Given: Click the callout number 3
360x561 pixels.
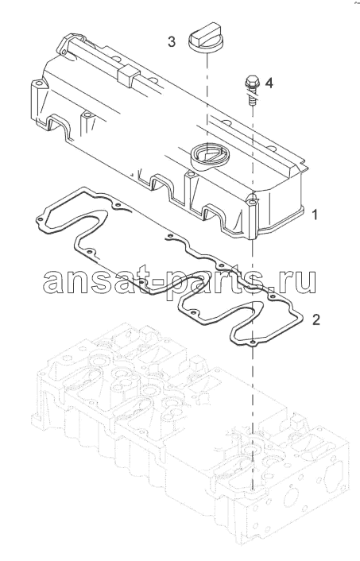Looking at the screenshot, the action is (172, 42).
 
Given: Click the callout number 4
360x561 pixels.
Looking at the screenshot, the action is (269, 83).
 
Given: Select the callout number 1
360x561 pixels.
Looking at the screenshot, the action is (315, 215).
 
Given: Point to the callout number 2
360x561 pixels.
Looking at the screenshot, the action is (315, 319).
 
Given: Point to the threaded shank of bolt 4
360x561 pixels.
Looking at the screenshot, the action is (252, 97).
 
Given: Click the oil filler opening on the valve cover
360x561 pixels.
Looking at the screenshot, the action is (207, 155).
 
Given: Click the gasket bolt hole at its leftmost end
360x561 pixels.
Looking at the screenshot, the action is (40, 219).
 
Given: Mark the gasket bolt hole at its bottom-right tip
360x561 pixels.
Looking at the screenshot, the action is (252, 342).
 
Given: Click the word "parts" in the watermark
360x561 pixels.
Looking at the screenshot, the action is (203, 281).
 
